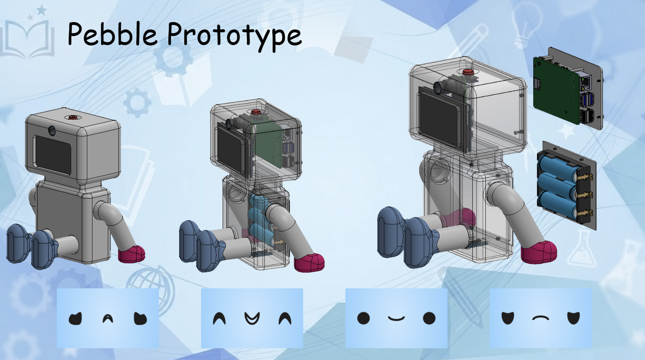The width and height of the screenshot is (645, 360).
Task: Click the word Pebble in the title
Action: [112, 34]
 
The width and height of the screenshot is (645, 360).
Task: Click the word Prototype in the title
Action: [235, 36]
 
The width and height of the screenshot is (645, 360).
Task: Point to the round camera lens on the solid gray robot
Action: [52, 130]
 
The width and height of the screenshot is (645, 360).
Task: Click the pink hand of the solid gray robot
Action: [132, 254]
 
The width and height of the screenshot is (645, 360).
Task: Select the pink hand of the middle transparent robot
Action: [310, 263]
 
